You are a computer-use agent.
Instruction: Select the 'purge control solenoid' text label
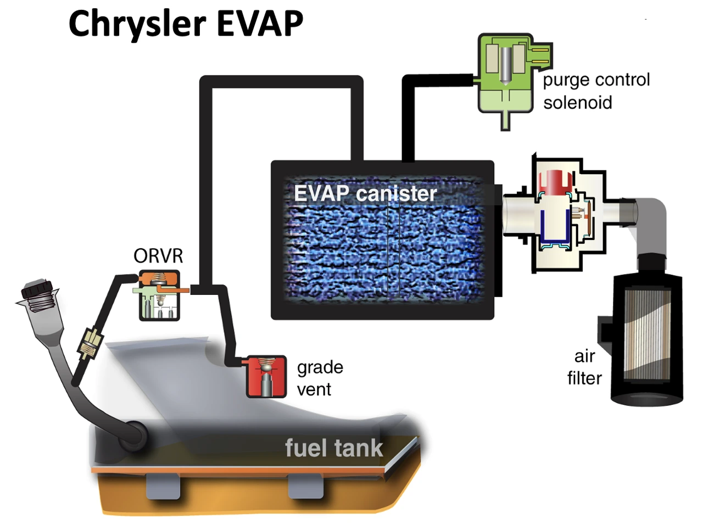click(x=595, y=91)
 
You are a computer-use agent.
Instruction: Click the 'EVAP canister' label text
click(x=365, y=193)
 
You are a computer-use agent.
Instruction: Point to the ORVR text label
click(x=158, y=256)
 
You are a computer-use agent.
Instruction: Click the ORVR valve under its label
click(x=158, y=297)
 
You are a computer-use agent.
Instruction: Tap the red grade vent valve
click(x=266, y=377)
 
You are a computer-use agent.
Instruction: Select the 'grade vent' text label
click(x=320, y=378)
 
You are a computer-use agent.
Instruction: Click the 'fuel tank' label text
click(x=333, y=448)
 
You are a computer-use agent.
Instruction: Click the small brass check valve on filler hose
click(x=89, y=343)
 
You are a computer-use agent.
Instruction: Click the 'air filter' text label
click(x=584, y=367)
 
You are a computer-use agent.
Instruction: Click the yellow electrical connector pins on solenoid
click(x=540, y=55)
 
